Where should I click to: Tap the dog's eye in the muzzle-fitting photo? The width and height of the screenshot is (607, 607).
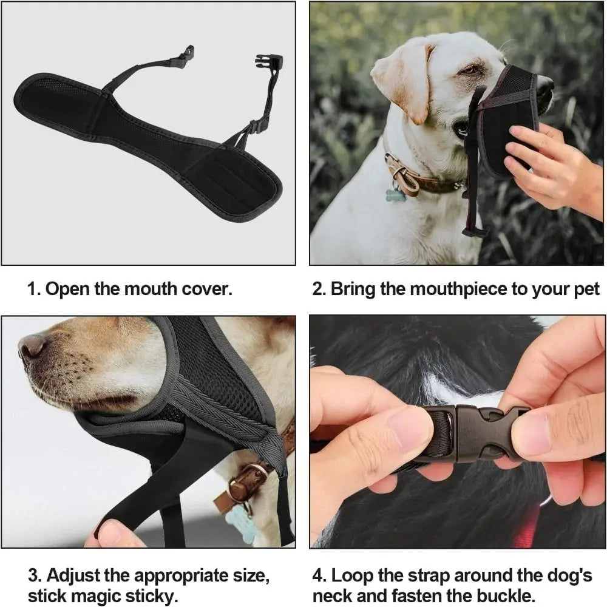pos(469,70)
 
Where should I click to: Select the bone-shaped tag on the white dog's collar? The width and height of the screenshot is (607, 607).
pos(395,195)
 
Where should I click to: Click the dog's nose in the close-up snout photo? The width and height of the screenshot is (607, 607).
pos(32,347)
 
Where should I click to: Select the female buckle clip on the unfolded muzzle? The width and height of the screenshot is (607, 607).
pos(269,62)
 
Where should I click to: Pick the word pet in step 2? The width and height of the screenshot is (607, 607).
pos(585,288)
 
